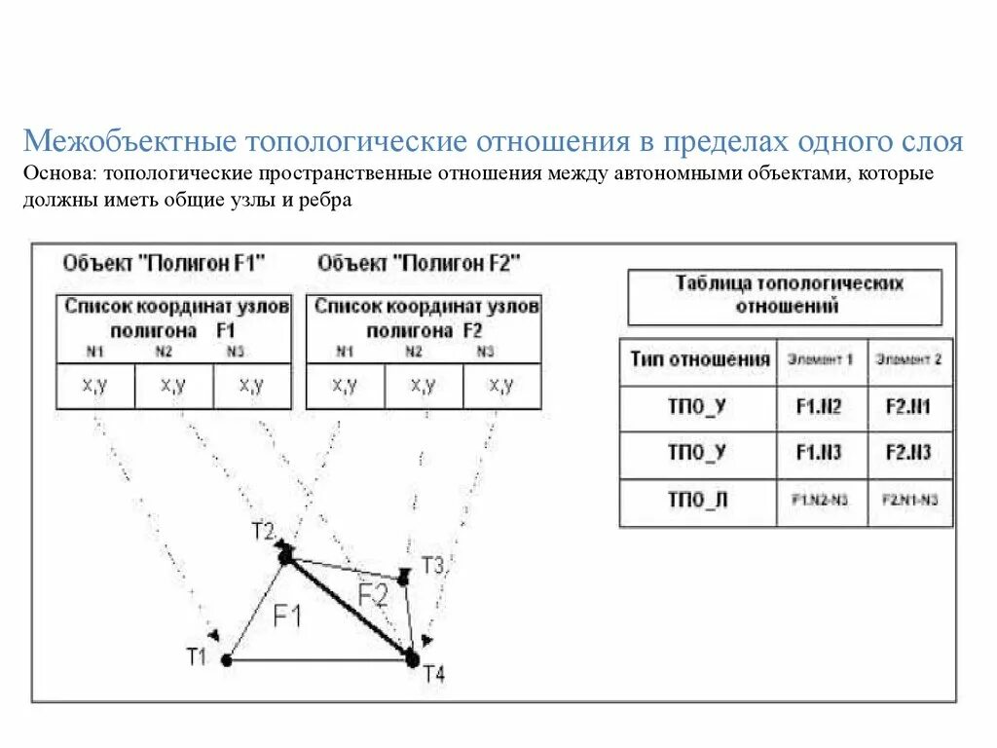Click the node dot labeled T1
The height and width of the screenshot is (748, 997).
[226, 659]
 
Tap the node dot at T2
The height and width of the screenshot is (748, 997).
[285, 556]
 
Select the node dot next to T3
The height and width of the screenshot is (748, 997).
[404, 578]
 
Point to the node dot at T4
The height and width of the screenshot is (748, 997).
[412, 659]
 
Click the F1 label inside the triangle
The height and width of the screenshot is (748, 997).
[288, 616]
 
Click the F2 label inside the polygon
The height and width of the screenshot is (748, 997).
[372, 595]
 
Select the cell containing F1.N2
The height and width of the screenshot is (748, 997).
[822, 408]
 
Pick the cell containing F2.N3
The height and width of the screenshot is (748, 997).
[908, 454]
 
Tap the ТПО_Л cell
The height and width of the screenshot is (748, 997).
[697, 501]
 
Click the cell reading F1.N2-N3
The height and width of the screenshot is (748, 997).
[822, 501]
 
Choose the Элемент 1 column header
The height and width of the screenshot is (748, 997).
[822, 360]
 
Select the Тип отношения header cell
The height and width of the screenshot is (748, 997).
[699, 360]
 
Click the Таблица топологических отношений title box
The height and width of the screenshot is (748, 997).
[785, 295]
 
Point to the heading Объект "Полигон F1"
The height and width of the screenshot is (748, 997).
[164, 263]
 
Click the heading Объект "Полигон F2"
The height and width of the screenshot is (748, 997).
[419, 263]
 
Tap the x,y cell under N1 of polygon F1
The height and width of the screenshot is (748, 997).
[94, 386]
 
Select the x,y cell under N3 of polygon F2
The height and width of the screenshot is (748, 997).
[501, 386]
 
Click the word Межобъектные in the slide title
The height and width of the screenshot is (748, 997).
[130, 142]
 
